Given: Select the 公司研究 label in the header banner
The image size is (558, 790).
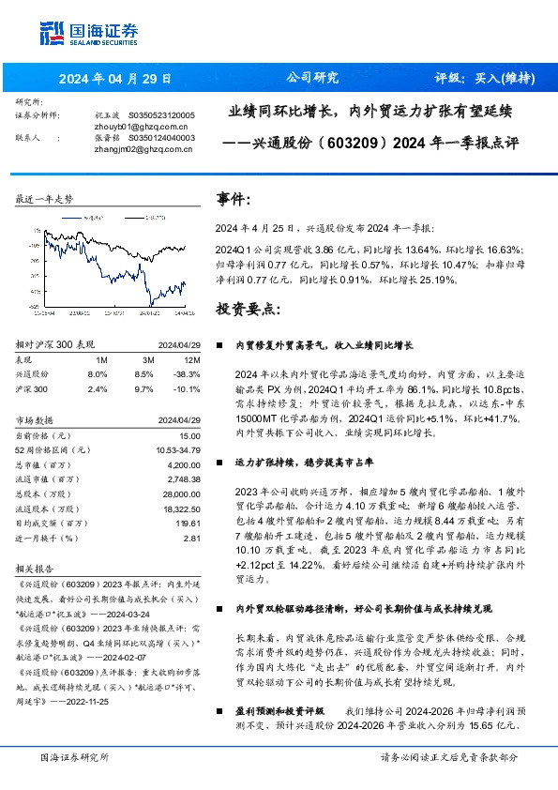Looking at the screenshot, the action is [312, 78].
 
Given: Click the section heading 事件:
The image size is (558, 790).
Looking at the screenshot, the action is [234, 199].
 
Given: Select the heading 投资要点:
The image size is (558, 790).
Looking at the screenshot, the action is [249, 309].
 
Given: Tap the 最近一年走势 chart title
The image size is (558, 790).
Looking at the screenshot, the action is [45, 199].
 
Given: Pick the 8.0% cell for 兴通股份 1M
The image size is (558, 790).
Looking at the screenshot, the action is [98, 373].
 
